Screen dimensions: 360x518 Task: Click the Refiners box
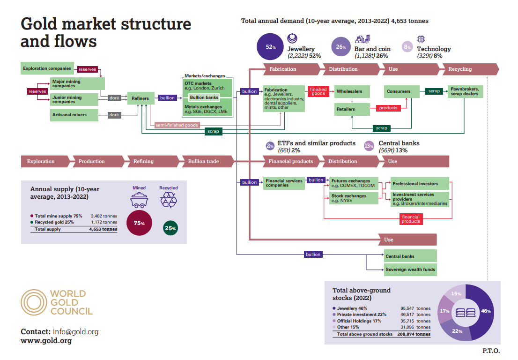point(140,98)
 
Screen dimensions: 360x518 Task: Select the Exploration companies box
point(47,68)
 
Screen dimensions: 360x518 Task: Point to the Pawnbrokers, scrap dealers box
point(464,91)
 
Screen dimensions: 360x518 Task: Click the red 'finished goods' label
point(318,91)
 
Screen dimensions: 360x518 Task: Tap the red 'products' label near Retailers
point(388,108)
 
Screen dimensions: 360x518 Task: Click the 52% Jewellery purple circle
point(271,47)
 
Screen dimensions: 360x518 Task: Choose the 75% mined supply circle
point(139,223)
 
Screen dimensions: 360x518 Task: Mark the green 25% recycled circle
point(170,228)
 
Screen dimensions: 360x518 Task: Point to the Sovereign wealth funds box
point(410,270)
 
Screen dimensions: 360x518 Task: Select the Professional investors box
point(420,184)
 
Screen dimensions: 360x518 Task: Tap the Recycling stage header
point(461,69)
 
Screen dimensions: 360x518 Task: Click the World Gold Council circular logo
point(34,302)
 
